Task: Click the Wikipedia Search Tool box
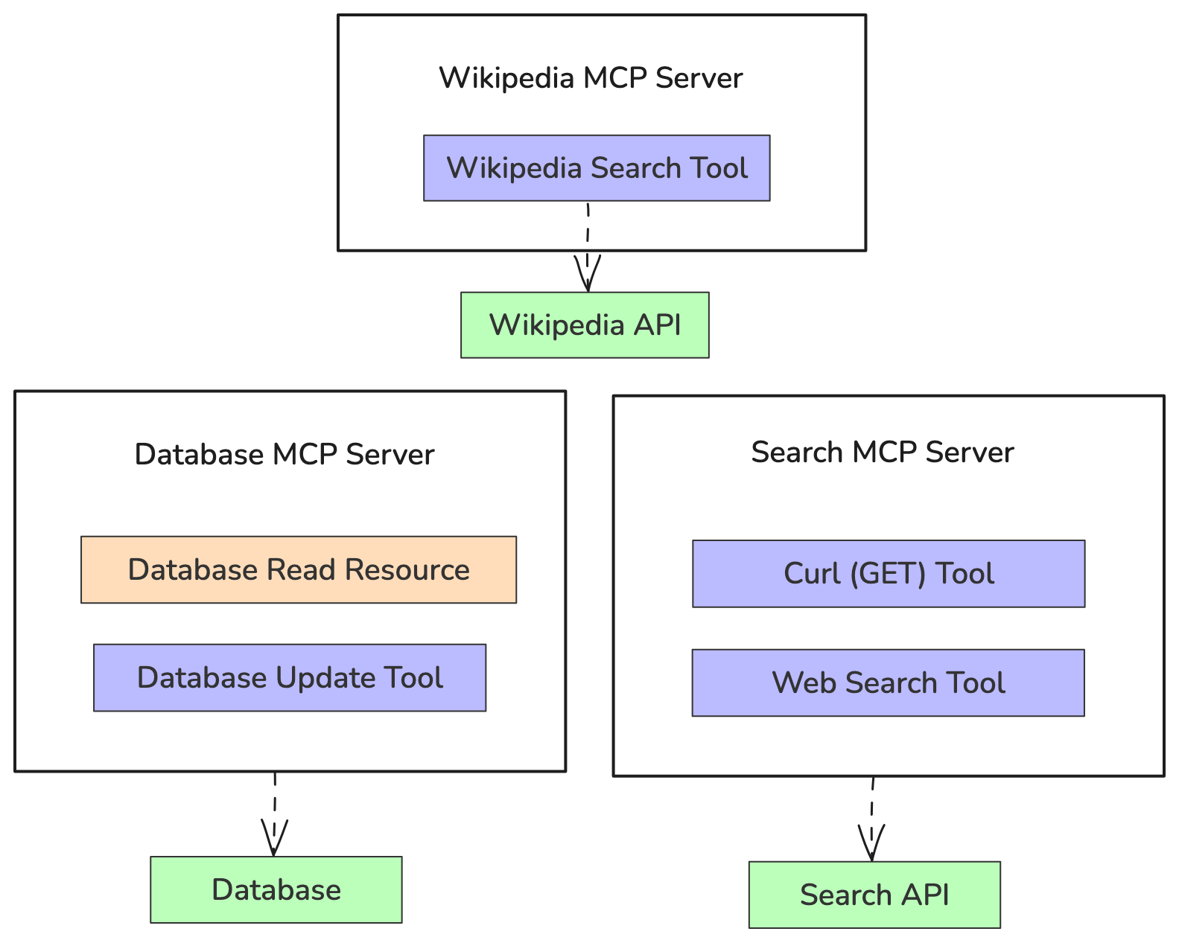tap(597, 168)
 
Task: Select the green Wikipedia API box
tap(585, 325)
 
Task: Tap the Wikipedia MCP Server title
tap(591, 78)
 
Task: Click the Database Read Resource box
tap(298, 569)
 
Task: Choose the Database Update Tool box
tap(290, 678)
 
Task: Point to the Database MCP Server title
tap(284, 455)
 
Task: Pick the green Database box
tap(276, 890)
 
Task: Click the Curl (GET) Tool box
tap(888, 574)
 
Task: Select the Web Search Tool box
tap(888, 683)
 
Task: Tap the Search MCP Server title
tap(882, 453)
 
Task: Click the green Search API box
tap(874, 895)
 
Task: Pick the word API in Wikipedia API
tap(658, 325)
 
